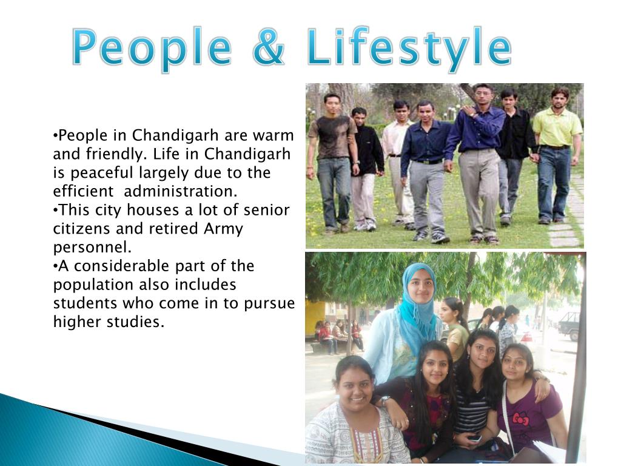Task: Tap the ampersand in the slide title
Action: [x=267, y=49]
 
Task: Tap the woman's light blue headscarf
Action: [x=418, y=297]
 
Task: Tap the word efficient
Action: [x=83, y=191]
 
